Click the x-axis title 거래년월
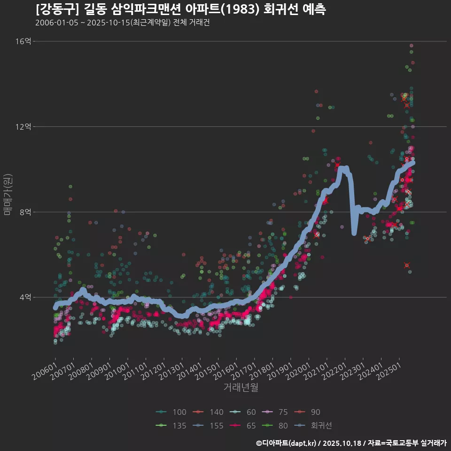click(241, 388)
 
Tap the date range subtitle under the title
click(122, 23)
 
